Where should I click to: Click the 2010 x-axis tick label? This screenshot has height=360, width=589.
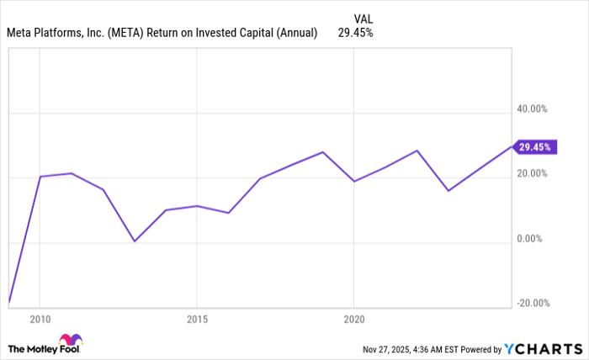pyautogui.click(x=40, y=320)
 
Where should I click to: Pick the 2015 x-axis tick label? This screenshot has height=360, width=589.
pyautogui.click(x=197, y=320)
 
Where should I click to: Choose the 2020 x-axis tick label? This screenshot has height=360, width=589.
pyautogui.click(x=354, y=320)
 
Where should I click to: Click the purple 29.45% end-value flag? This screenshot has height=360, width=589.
pyautogui.click(x=534, y=147)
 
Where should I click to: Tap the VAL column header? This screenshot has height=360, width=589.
pyautogui.click(x=363, y=18)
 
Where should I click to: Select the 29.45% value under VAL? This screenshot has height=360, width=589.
pyautogui.click(x=355, y=33)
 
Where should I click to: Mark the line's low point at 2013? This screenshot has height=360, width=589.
pyautogui.click(x=134, y=241)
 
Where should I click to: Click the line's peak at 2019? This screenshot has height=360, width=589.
pyautogui.click(x=323, y=152)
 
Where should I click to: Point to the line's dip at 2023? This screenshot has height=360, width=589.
pyautogui.click(x=448, y=190)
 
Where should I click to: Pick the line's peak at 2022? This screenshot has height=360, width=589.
pyautogui.click(x=417, y=151)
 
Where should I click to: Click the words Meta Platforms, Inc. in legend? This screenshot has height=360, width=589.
pyautogui.click(x=57, y=33)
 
